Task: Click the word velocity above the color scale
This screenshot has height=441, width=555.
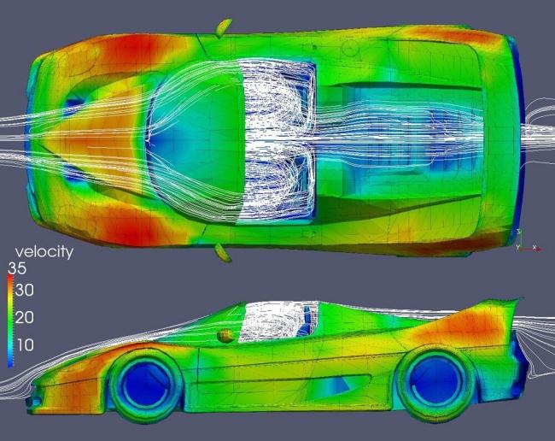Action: point(44,252)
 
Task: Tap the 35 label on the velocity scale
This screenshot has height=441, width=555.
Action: point(17,268)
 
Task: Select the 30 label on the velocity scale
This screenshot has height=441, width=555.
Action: point(25,291)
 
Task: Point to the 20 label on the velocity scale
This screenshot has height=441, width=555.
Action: point(25,317)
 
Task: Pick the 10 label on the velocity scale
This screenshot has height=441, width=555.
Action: point(25,344)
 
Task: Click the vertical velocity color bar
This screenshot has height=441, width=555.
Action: point(10,320)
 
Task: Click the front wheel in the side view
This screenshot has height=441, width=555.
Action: point(145,385)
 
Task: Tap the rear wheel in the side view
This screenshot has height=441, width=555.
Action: point(435,383)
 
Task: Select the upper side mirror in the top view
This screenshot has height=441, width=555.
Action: point(224,27)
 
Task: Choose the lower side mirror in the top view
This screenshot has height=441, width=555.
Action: point(223,253)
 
